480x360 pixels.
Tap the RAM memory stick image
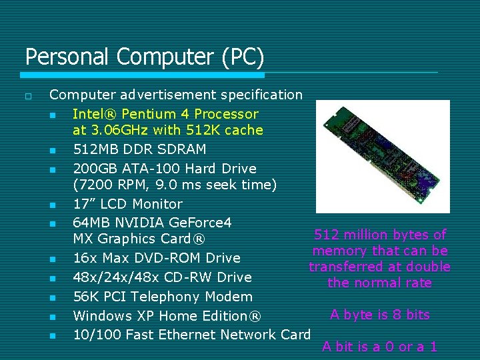[382, 157]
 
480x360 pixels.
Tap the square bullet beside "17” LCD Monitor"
[53, 205]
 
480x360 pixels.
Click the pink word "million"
[368, 235]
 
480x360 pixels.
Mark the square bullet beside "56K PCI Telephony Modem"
[53, 297]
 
